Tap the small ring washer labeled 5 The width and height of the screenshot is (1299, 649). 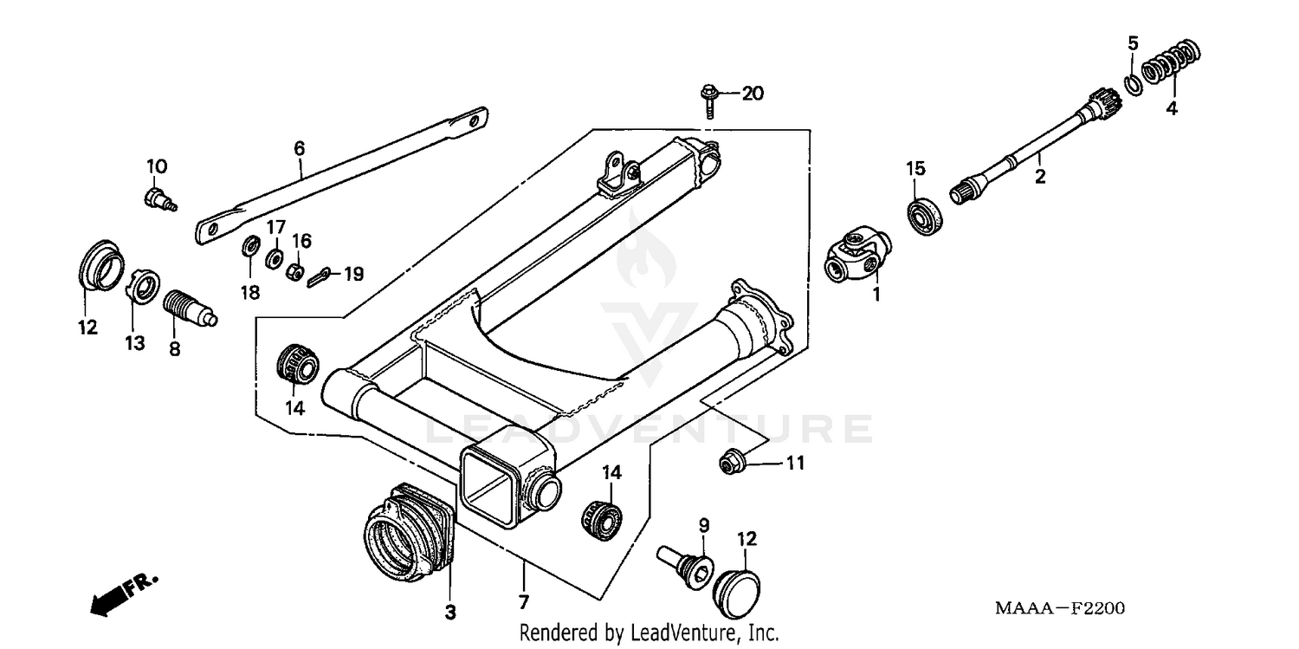click(x=1132, y=83)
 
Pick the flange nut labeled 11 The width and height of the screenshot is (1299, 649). click(x=729, y=464)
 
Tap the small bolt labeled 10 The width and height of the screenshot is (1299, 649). click(x=156, y=198)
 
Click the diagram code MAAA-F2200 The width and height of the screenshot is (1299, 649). click(x=1059, y=608)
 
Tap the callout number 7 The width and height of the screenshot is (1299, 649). click(x=524, y=601)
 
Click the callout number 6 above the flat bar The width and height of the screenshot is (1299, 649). click(x=299, y=148)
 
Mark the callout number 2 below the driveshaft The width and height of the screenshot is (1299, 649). click(x=1040, y=177)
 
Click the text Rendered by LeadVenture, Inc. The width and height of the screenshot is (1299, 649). click(x=649, y=633)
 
